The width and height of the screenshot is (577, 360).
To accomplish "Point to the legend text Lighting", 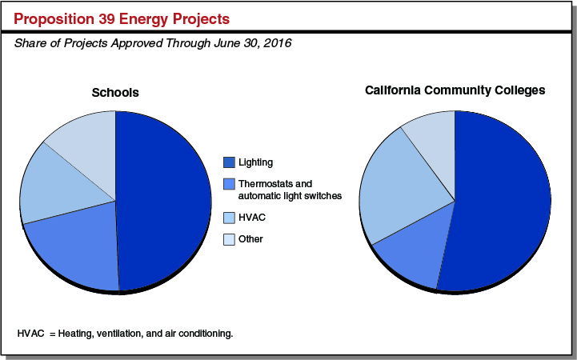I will (255, 162).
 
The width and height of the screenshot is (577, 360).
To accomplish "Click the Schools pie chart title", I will (114, 93).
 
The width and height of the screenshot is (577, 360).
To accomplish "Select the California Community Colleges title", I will (455, 90).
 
